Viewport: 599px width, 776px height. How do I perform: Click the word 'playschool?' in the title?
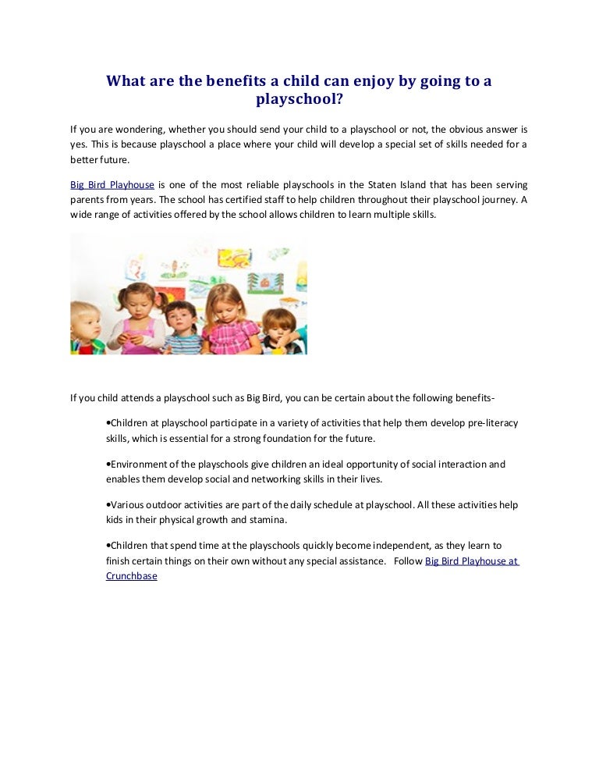299,99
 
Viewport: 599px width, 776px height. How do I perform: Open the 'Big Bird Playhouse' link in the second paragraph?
112,185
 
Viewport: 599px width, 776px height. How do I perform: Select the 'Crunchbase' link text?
131,576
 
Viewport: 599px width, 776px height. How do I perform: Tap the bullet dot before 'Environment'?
108,464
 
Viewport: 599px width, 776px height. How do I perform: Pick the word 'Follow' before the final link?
408,561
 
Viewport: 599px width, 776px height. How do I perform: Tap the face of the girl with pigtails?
140,301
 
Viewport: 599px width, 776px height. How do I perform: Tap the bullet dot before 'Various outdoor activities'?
108,505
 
